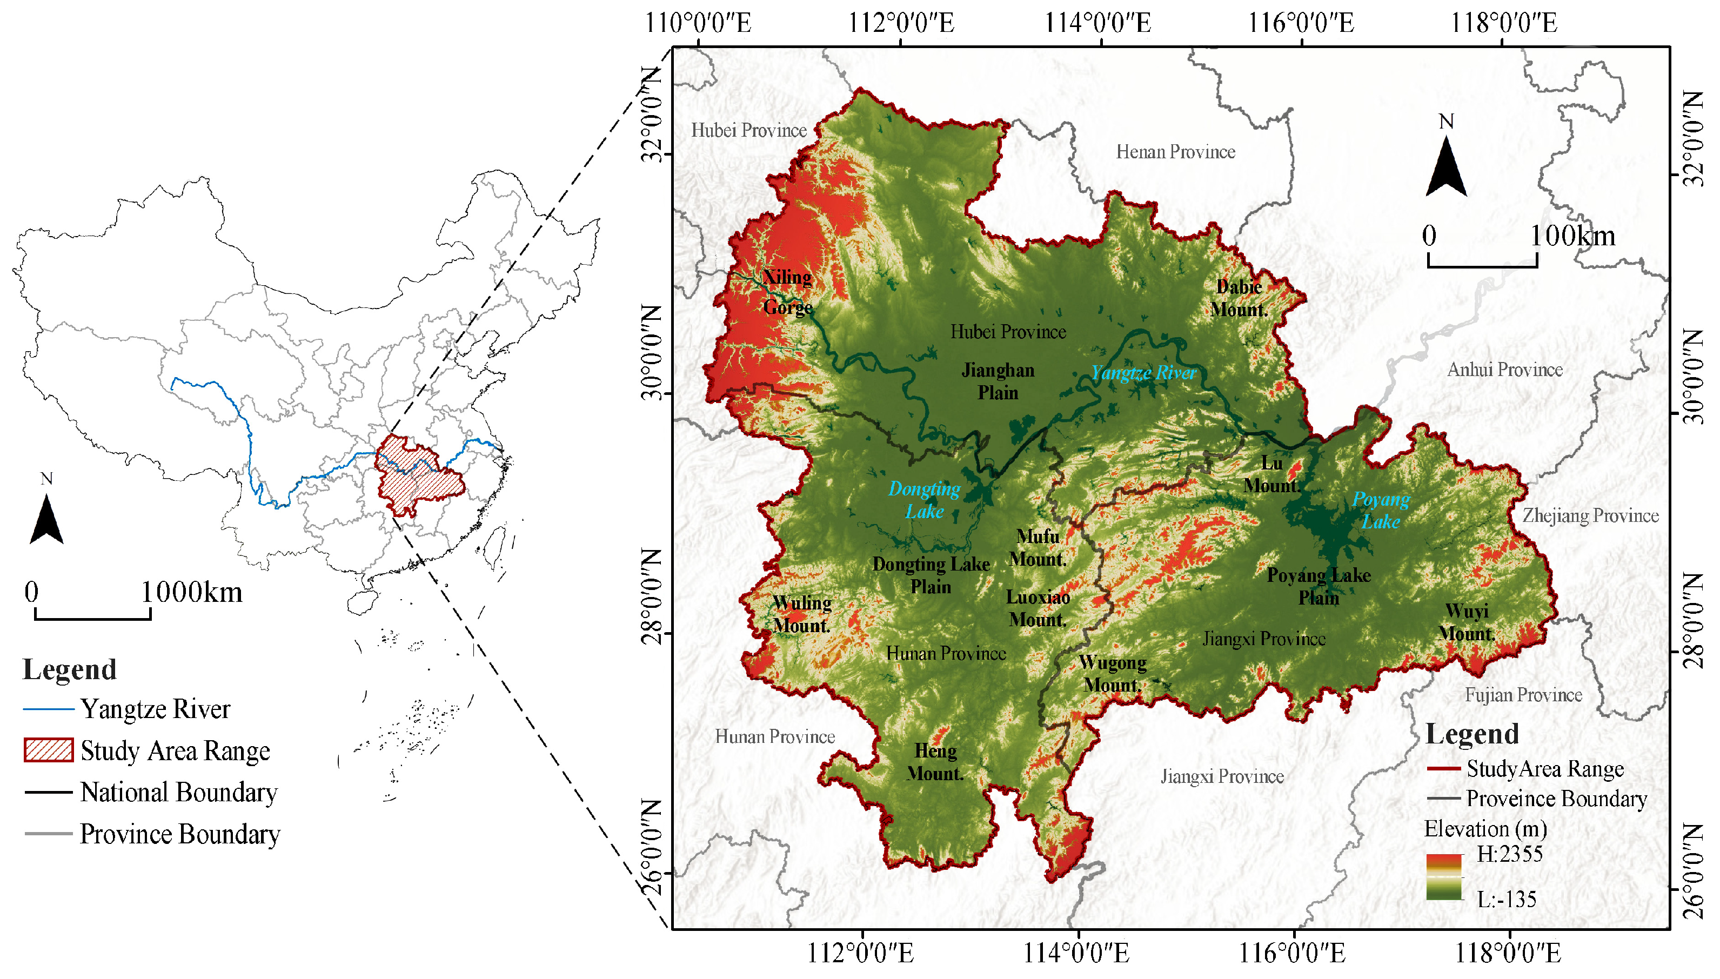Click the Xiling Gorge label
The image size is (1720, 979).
pos(787,292)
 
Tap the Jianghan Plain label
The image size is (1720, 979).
pos(998,381)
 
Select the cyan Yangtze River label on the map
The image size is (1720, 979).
pos(1143,372)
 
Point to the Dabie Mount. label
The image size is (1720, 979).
pos(1239,298)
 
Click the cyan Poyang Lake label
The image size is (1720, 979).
pos(1381,511)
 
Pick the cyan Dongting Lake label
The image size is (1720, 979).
pos(925,500)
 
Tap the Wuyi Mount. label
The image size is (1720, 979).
pos(1467,622)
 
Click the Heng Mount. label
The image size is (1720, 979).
pos(935,762)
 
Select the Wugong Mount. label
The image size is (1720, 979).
pos(1113,674)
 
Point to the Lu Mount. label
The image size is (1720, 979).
pos(1271,474)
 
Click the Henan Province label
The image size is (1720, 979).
pos(1175,152)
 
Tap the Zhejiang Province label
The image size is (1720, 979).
pos(1590,516)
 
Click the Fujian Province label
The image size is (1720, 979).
pos(1523,695)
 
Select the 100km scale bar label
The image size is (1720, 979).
pos(1572,236)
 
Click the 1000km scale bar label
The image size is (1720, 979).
pos(192,592)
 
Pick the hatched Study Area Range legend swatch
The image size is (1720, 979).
pos(49,750)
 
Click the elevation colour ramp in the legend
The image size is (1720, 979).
pos(1444,877)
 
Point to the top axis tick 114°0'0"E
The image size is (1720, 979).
pos(1097,23)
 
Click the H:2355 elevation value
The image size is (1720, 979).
pos(1509,855)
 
